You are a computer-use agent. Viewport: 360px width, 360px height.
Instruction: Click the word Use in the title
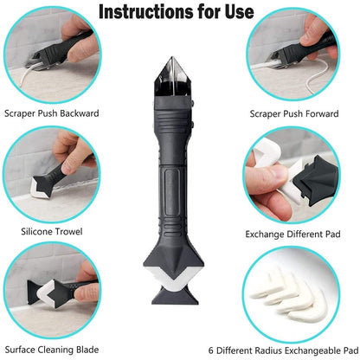[x=235, y=12]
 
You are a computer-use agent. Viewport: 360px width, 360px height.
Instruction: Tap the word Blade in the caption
[x=93, y=350]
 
